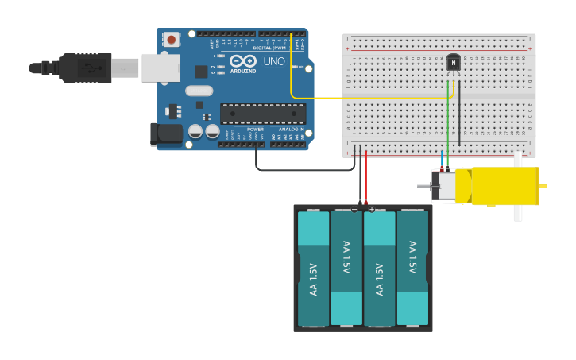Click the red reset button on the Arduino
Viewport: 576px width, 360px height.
(171, 39)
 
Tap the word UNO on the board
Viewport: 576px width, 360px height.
(274, 61)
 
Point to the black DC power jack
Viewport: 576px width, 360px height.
(166, 134)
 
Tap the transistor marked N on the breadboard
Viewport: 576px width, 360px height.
(454, 62)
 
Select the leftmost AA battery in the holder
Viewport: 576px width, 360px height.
(313, 269)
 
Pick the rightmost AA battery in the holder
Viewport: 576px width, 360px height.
(412, 269)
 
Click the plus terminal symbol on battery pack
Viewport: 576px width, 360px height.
(372, 209)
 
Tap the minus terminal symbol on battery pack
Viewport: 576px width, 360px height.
(354, 209)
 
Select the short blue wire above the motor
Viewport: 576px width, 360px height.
(443, 158)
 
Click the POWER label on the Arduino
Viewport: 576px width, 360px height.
(255, 129)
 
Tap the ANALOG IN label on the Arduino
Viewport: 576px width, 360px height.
(291, 129)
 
